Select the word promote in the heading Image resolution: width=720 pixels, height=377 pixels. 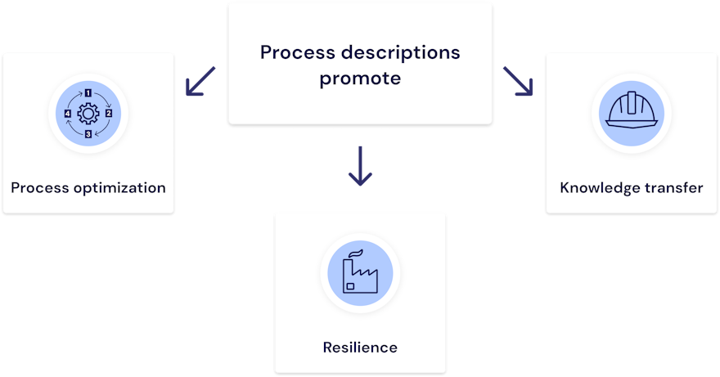click(x=360, y=79)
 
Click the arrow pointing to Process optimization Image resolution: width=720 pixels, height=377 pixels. click(x=200, y=81)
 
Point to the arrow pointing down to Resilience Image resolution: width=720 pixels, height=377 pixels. click(x=360, y=165)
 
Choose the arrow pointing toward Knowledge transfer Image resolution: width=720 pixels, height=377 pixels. click(x=518, y=81)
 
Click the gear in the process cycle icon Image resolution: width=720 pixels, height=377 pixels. click(x=88, y=114)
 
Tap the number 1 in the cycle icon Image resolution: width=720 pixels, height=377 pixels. click(x=88, y=95)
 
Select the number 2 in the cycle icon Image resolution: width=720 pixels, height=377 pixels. click(x=108, y=114)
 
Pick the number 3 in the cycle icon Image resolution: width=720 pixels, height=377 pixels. click(x=88, y=132)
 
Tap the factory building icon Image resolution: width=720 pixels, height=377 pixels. click(x=360, y=275)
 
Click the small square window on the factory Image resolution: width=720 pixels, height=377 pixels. click(x=350, y=286)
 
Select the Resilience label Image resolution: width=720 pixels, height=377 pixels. click(x=360, y=348)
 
